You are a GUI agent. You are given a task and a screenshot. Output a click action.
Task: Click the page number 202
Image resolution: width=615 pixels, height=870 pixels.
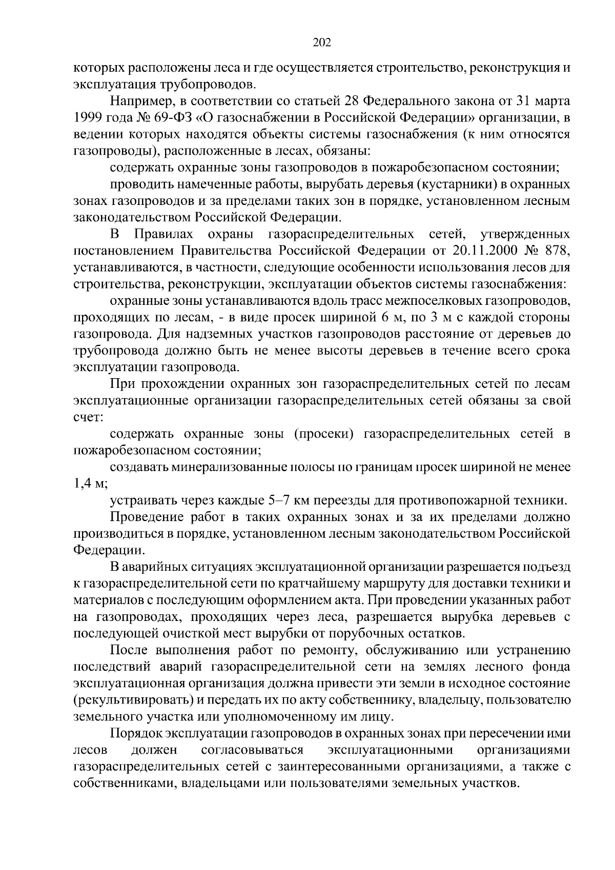point(322,43)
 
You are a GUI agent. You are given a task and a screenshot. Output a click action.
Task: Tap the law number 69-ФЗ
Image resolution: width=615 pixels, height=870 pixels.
point(177,118)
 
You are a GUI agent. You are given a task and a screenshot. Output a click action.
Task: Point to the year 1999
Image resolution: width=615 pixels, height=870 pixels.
point(88,118)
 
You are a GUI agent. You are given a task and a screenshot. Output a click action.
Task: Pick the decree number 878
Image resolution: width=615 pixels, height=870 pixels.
point(555,252)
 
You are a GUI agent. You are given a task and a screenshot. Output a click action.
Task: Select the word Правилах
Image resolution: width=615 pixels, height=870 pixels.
point(163,235)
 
